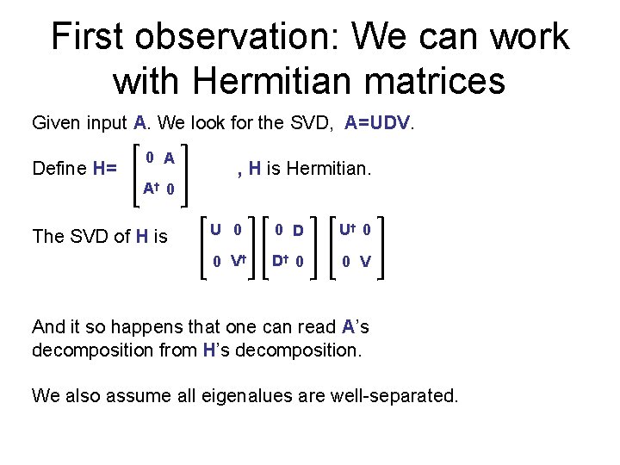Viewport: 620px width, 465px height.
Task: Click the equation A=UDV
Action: [379, 123]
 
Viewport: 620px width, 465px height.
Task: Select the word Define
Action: [59, 168]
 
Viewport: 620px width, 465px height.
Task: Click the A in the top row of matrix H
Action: [170, 158]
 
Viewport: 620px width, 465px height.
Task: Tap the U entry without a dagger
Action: [215, 230]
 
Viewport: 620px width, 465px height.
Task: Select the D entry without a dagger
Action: [298, 231]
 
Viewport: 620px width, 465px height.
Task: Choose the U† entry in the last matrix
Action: [348, 230]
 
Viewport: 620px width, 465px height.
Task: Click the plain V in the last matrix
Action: [365, 262]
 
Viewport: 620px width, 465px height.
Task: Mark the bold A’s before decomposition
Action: [355, 327]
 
